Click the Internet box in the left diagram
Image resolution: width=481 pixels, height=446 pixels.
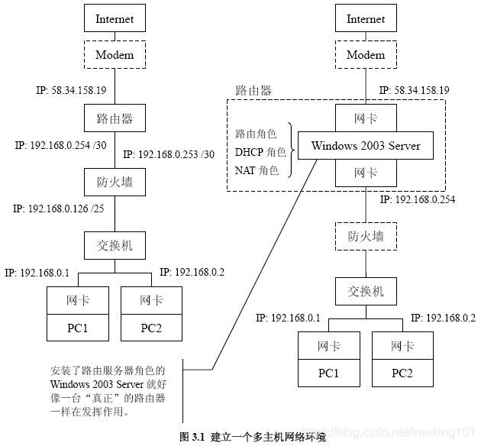(115, 18)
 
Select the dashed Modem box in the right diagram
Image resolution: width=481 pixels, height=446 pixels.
(366, 54)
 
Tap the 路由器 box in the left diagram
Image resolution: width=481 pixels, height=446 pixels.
(115, 118)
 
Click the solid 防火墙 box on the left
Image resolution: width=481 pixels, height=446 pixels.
(115, 181)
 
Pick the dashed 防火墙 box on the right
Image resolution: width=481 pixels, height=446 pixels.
(366, 237)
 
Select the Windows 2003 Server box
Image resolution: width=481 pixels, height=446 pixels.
(366, 145)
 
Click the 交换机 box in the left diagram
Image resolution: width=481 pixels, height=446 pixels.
(115, 246)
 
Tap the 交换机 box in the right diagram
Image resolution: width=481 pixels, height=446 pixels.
(366, 291)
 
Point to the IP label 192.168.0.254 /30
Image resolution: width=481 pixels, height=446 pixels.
(58, 145)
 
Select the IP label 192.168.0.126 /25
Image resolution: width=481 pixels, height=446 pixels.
(58, 208)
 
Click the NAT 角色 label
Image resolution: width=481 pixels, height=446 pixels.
(257, 170)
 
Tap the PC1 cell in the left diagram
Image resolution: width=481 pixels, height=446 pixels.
(77, 328)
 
